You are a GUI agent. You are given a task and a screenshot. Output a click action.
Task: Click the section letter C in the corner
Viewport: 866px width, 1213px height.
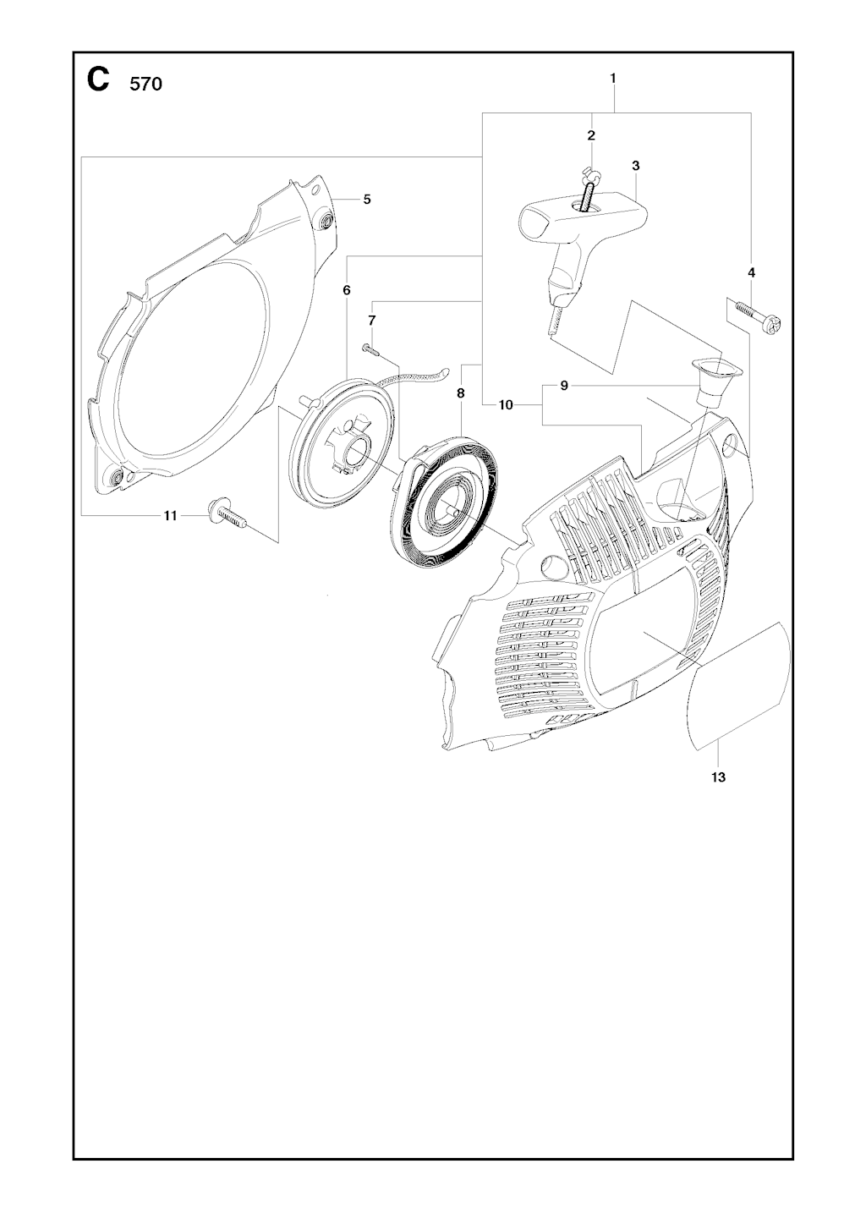tap(98, 80)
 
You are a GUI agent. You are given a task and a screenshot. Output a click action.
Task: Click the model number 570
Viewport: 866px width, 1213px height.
tap(145, 85)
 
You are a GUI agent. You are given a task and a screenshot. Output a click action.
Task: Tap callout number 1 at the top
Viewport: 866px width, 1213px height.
tap(612, 79)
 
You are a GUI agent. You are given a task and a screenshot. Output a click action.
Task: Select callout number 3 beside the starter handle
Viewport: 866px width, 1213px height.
tap(635, 166)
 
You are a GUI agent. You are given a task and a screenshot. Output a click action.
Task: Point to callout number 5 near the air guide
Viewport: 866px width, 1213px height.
tap(367, 200)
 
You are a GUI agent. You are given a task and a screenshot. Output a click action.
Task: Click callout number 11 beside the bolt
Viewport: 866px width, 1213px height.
tap(171, 517)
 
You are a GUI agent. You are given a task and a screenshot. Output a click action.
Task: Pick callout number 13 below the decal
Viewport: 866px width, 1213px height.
tap(718, 777)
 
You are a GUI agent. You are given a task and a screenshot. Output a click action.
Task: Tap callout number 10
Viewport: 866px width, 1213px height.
tap(506, 404)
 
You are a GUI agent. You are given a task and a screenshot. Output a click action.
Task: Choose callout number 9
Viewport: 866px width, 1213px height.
tap(564, 386)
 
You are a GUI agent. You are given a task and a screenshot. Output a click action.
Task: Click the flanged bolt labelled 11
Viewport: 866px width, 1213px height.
tap(227, 513)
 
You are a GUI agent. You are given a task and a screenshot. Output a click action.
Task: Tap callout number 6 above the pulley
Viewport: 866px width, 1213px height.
tap(347, 290)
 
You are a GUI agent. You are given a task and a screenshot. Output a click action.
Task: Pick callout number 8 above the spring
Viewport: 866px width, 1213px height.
tap(461, 393)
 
